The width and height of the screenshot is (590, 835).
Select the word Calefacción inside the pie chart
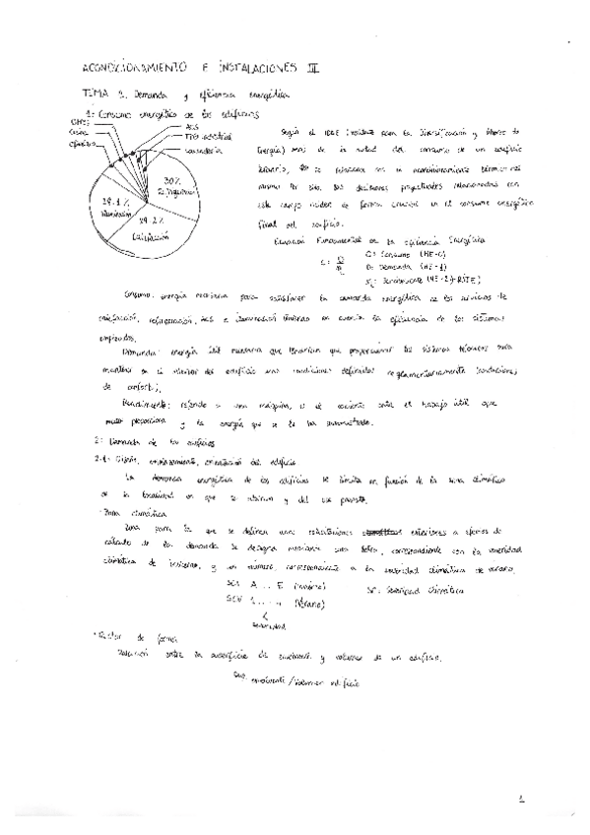pos(151,236)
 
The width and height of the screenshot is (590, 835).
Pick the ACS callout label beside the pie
pos(191,126)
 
